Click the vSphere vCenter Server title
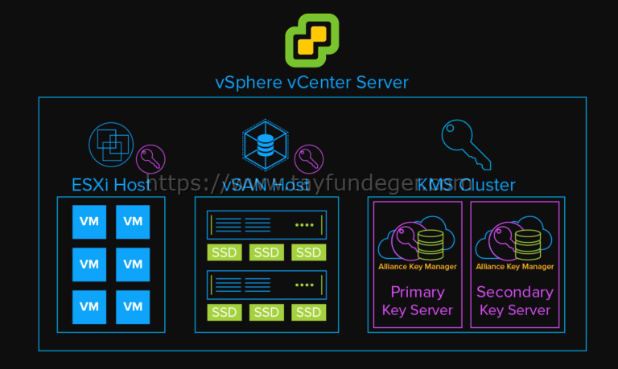(311, 82)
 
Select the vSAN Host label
(266, 185)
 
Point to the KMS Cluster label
(466, 185)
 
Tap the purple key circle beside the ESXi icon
(150, 159)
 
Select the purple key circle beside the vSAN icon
(308, 159)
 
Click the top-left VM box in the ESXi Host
(89, 221)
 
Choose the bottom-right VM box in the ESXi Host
(133, 306)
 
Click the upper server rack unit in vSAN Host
(267, 225)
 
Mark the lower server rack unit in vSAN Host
(267, 285)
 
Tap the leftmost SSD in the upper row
(225, 252)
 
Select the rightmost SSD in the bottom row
(308, 312)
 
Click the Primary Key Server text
(418, 301)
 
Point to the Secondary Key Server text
(515, 301)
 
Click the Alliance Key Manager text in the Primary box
(418, 266)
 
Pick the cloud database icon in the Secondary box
(514, 239)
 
